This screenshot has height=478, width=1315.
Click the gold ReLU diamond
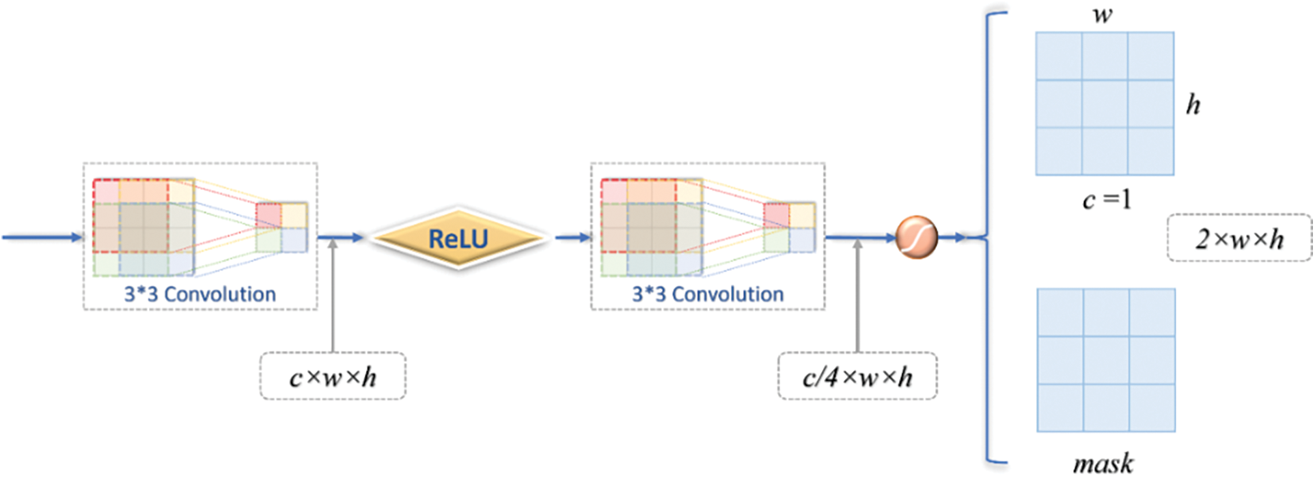coord(458,238)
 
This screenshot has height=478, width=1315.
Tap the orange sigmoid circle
coord(916,238)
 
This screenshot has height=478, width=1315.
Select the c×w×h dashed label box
coord(333,376)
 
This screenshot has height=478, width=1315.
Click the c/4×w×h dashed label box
coord(857,376)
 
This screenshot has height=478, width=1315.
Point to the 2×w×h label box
coord(1239,238)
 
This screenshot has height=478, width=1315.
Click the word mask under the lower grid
coord(1103,464)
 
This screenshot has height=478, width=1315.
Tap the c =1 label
coord(1107,199)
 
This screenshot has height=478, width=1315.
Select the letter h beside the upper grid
coord(1193,104)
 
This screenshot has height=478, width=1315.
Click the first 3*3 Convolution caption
coord(199,294)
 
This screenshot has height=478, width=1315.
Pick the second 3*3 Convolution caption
coord(708,294)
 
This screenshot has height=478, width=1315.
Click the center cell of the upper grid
coord(1105,104)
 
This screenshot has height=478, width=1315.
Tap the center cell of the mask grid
coord(1106,360)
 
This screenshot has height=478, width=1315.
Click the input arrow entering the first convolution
coord(41,238)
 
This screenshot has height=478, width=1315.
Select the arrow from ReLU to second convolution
coord(572,238)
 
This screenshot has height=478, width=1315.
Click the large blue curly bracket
coord(989,238)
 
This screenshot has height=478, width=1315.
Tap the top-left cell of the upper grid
coord(1059,56)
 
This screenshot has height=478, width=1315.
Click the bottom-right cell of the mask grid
coord(1152,408)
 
